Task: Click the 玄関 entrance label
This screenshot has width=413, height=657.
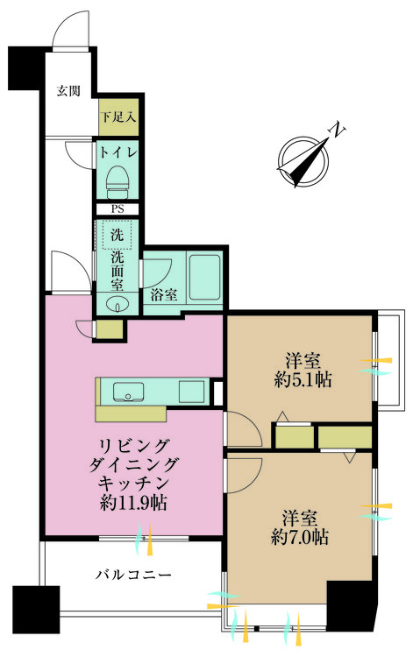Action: click(x=68, y=90)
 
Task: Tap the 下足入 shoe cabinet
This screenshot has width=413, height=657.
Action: click(x=118, y=117)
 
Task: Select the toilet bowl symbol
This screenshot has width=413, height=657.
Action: click(x=117, y=182)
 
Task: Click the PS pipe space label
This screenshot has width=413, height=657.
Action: click(x=117, y=209)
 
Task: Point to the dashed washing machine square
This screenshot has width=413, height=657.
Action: click(x=117, y=235)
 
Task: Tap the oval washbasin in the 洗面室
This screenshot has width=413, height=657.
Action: click(x=117, y=304)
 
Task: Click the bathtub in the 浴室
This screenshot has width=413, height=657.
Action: click(x=205, y=277)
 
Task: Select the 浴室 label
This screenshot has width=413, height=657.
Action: click(x=164, y=295)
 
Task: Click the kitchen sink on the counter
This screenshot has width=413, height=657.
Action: click(x=128, y=392)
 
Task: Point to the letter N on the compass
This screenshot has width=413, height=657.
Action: click(x=337, y=131)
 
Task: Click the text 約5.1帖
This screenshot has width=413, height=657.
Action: click(x=303, y=380)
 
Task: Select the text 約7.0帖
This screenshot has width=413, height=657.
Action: click(x=299, y=537)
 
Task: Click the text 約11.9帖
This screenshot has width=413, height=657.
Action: click(x=133, y=503)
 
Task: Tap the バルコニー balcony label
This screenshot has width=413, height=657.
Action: click(x=133, y=574)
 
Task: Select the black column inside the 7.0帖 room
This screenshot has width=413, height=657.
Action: click(x=349, y=606)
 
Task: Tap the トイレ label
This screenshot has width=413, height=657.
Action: click(x=117, y=153)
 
